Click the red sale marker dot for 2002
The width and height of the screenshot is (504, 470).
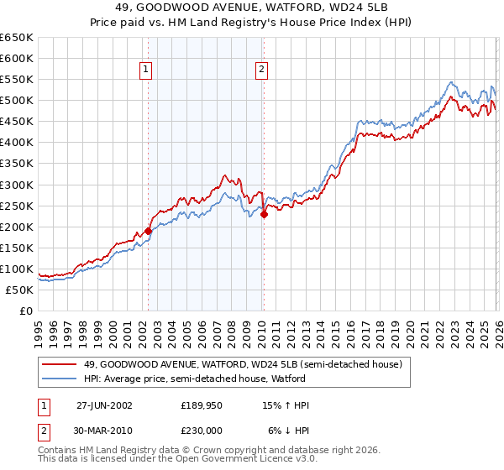click(149, 231)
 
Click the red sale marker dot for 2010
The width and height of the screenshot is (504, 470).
click(264, 214)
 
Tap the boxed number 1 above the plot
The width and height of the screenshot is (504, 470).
click(147, 70)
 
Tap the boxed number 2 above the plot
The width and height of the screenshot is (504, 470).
click(262, 70)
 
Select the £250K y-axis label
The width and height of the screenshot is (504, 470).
click(17, 206)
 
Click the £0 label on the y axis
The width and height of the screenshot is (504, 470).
click(25, 311)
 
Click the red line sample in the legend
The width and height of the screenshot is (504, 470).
click(59, 365)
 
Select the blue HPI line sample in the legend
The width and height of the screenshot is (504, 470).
click(59, 379)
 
